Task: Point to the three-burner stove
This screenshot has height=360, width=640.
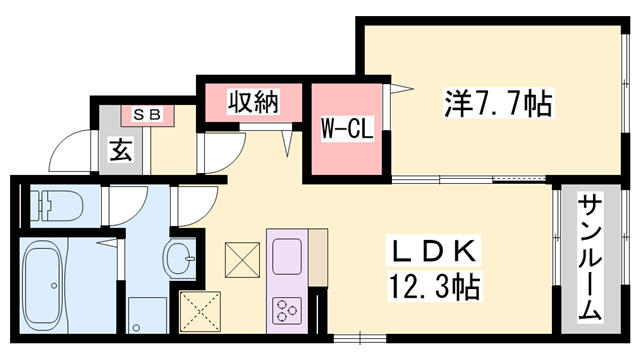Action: click(x=285, y=309)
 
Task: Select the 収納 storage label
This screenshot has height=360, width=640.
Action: click(x=251, y=100)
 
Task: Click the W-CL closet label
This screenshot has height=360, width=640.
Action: click(x=346, y=130)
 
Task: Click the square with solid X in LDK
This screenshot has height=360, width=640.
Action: click(x=240, y=262)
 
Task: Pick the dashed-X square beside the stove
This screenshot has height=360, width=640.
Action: click(x=200, y=309)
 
